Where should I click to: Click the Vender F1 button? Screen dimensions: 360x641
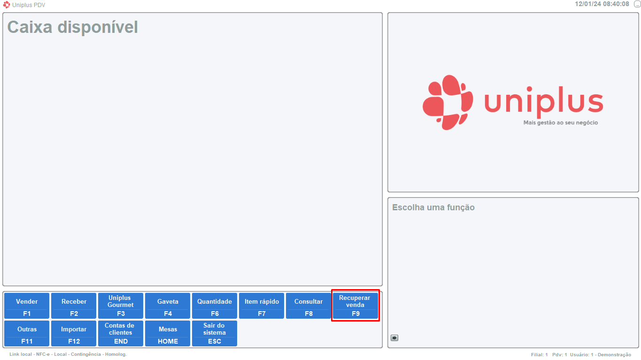click(x=27, y=306)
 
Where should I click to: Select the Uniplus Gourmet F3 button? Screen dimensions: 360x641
click(x=121, y=306)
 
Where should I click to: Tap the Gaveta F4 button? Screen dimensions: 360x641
click(x=168, y=306)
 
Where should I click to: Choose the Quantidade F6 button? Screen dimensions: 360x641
click(x=215, y=306)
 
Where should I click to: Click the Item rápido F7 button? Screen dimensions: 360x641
click(x=262, y=306)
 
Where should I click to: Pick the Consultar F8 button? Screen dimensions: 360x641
click(x=309, y=306)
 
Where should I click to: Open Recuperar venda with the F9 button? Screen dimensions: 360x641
click(x=355, y=306)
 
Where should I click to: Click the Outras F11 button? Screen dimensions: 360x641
click(x=27, y=333)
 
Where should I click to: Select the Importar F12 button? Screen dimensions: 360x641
click(x=74, y=333)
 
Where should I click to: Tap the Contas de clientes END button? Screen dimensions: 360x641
click(x=121, y=333)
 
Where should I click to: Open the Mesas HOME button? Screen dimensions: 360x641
click(x=168, y=333)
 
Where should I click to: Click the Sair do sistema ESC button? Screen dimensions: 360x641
click(x=215, y=333)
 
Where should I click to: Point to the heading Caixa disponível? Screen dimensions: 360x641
click(x=73, y=27)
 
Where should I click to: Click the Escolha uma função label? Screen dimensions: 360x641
click(x=433, y=207)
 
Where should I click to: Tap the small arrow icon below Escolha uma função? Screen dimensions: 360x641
click(x=394, y=337)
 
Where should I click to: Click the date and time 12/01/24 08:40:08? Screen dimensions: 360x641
click(x=602, y=4)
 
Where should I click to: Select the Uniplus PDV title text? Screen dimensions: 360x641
click(x=29, y=5)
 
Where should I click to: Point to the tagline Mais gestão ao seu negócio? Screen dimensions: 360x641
click(x=561, y=123)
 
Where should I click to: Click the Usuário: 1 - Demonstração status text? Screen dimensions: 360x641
click(x=601, y=355)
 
